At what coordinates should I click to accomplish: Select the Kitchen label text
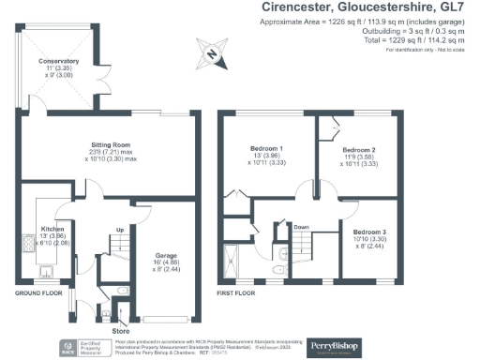click(52, 229)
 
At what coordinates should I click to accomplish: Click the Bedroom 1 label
click(267, 149)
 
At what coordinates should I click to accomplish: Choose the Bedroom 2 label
click(358, 149)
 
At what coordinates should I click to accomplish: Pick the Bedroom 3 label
click(367, 231)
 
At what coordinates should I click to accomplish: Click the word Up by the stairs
click(119, 230)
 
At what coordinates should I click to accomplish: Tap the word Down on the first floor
click(302, 226)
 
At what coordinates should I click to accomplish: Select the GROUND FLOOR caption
click(38, 292)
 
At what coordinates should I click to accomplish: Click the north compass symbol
click(213, 55)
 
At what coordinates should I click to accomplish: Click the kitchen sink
click(46, 273)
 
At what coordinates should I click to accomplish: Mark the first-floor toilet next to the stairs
click(276, 270)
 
